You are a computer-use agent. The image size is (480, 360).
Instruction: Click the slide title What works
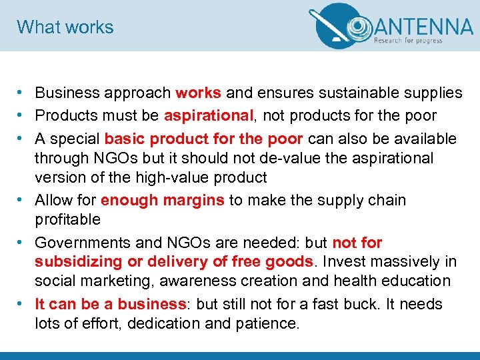coord(65,27)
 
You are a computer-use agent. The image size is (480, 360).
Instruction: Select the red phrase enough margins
coord(163,200)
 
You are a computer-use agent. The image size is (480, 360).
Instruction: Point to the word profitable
coord(67,219)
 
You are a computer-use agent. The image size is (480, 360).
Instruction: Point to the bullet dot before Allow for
coord(22,200)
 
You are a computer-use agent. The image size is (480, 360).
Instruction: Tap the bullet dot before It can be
coord(22,304)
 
